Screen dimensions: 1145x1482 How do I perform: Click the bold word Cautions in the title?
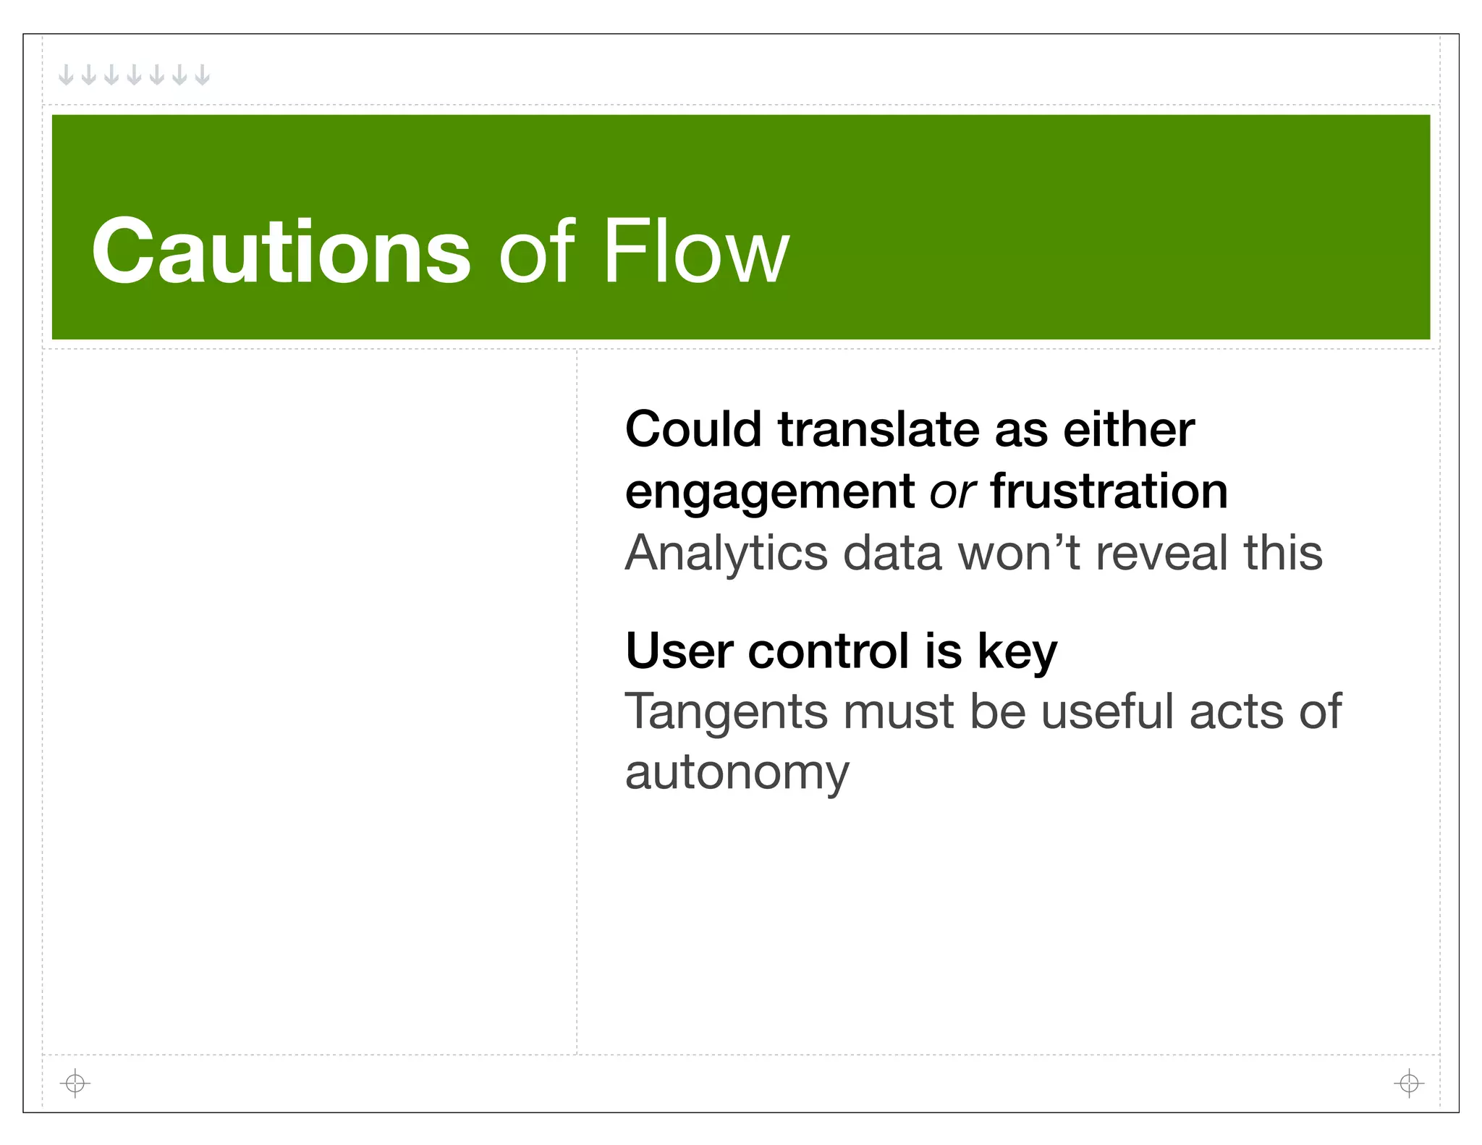click(281, 252)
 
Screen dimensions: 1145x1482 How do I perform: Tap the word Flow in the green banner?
click(695, 252)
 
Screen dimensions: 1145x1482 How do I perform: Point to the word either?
click(1128, 429)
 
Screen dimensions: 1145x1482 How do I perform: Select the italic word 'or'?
click(952, 492)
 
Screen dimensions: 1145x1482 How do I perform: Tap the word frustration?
click(1109, 491)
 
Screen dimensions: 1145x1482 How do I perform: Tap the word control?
click(828, 651)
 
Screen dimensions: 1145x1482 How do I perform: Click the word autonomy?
click(737, 774)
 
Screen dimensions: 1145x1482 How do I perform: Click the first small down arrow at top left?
click(66, 75)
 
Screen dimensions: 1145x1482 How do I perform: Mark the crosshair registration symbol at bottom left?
click(75, 1083)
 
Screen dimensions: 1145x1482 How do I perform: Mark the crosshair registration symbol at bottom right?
click(1408, 1083)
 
